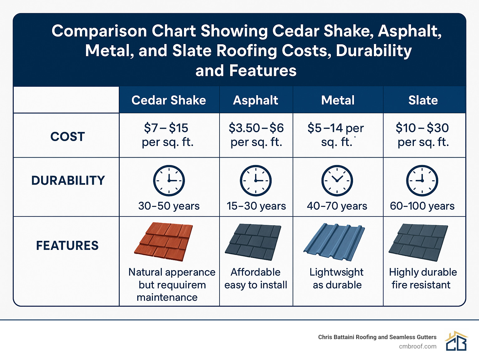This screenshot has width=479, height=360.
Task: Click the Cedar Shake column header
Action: pos(169,100)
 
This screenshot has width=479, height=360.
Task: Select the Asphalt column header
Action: pos(255,100)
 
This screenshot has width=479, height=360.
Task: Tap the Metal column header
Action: pos(338,100)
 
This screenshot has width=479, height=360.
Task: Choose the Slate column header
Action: pos(423,100)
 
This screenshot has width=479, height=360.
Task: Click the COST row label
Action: pos(68,136)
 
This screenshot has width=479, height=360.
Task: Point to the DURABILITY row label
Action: pos(68,180)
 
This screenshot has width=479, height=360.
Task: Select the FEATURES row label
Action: pos(67,246)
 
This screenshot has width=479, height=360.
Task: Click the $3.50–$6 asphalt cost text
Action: pos(256,128)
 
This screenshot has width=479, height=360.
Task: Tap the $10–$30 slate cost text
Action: pos(422,128)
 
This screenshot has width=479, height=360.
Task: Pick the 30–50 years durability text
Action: pos(169,206)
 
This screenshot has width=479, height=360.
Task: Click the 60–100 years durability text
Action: pos(422,206)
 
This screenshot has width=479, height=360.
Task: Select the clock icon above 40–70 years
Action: pos(337,181)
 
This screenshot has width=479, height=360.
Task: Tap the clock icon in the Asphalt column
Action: pos(256,181)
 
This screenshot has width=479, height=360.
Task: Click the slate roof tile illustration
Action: pos(418,242)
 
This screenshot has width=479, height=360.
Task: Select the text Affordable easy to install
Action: pos(256,278)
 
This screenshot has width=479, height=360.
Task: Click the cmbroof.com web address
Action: pos(418,346)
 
